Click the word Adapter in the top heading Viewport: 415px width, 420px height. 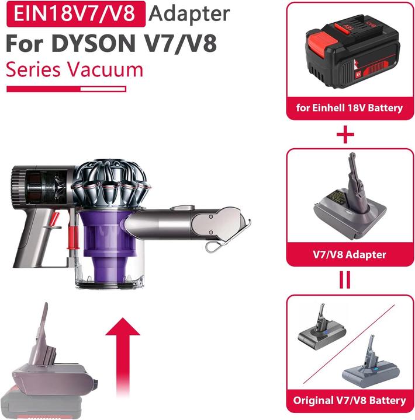click(189, 13)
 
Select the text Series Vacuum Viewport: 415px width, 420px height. click(74, 69)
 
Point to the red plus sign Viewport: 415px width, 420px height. click(347, 135)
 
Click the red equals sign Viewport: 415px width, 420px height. click(347, 279)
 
